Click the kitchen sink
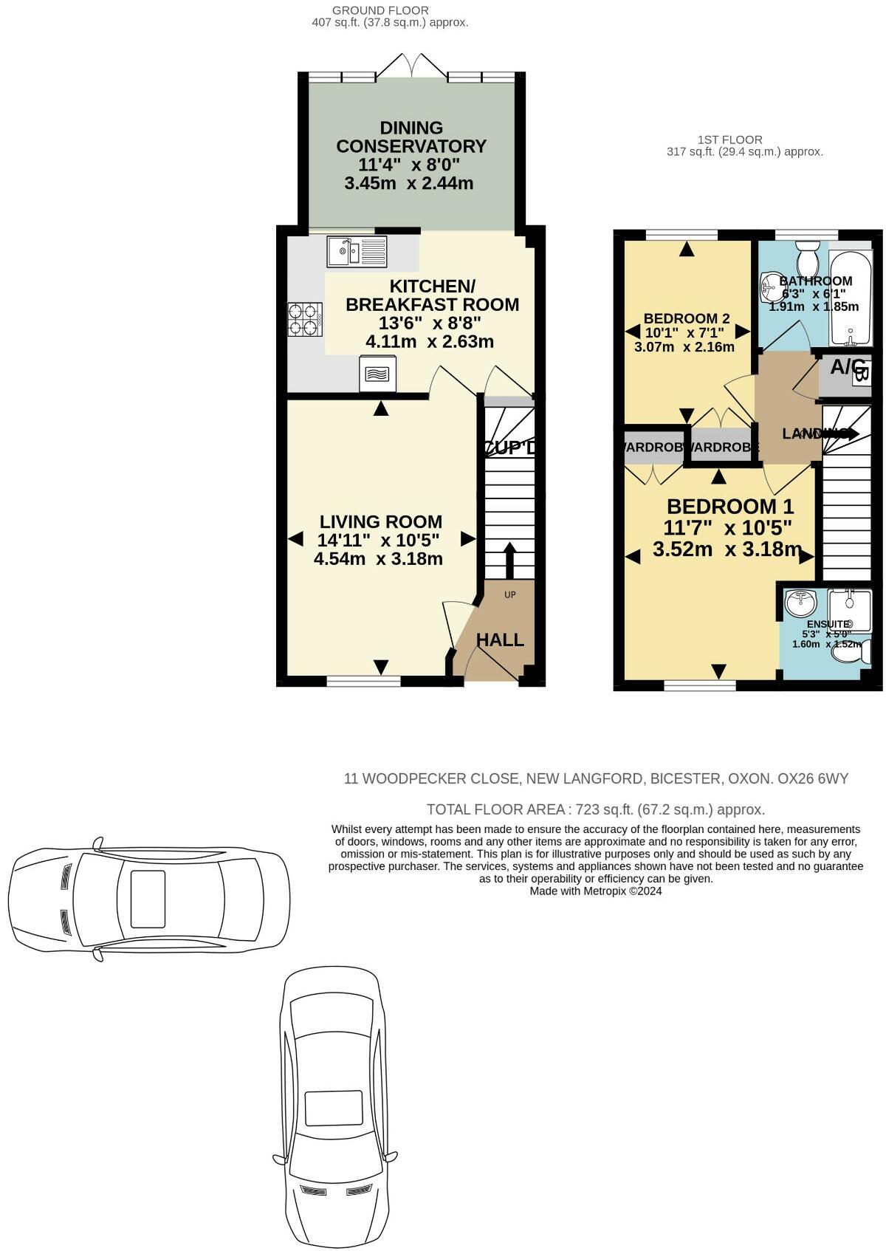[x=356, y=252]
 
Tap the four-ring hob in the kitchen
[x=305, y=321]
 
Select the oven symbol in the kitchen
[x=377, y=374]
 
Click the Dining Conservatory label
[x=411, y=137]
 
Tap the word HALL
[x=500, y=640]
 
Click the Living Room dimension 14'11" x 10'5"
[x=379, y=541]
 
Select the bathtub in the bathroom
[x=851, y=299]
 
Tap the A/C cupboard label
[x=847, y=366]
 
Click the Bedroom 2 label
[x=687, y=319]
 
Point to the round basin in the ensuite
[x=800, y=603]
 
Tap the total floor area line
[x=595, y=809]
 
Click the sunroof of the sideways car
[x=148, y=899]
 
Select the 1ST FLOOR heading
[x=729, y=140]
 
